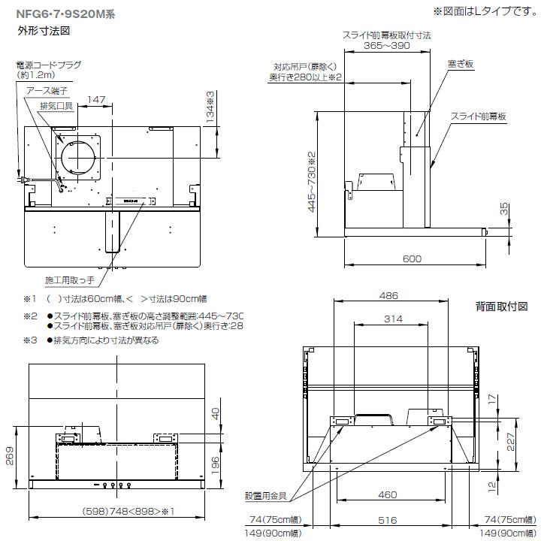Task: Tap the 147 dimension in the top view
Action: click(x=95, y=100)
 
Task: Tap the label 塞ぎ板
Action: click(x=459, y=65)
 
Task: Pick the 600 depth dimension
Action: click(x=411, y=258)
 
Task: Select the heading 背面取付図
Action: click(x=501, y=307)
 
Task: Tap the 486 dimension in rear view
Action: click(x=388, y=296)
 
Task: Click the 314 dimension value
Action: click(x=388, y=319)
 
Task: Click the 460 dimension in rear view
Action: click(x=388, y=494)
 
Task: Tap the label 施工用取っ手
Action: click(x=69, y=280)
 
